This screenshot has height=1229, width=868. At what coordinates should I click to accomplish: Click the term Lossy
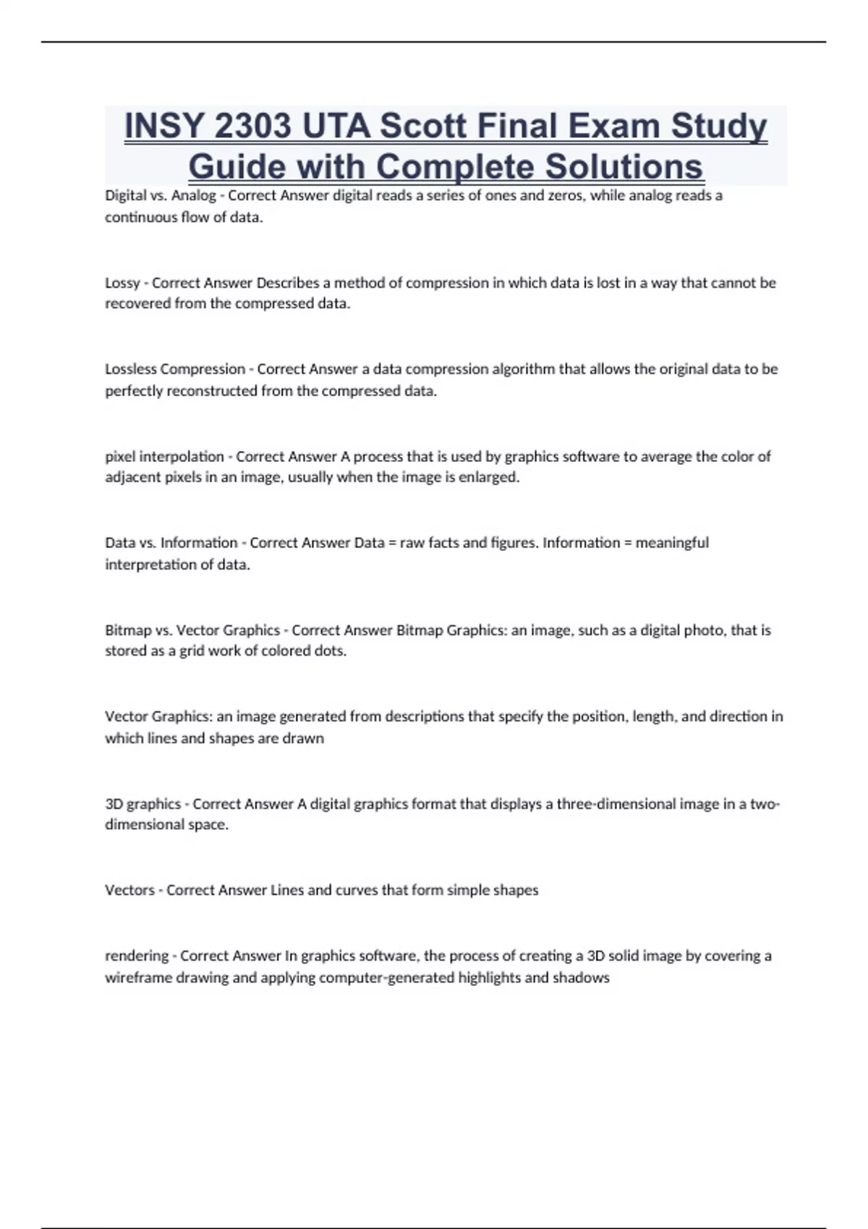122,283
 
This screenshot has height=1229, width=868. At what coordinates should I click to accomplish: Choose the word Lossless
131,369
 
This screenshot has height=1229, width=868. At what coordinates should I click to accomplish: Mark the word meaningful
672,542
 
